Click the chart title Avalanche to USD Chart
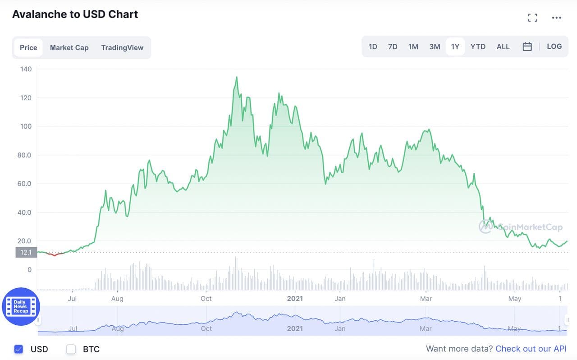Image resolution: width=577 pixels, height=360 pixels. click(75, 14)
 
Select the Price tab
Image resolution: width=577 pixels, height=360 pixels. click(28, 47)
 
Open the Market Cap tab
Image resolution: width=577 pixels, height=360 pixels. click(69, 47)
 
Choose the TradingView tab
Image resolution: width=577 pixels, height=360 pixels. click(122, 47)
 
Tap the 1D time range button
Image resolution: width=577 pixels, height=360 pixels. click(373, 46)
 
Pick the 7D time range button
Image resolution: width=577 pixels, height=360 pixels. click(393, 46)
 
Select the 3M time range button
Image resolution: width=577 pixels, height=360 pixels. click(435, 46)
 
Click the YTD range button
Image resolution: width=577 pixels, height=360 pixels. click(478, 46)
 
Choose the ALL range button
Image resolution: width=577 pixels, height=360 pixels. click(503, 46)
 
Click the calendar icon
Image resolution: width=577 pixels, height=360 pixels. click(527, 46)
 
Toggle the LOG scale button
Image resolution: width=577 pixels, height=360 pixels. click(554, 46)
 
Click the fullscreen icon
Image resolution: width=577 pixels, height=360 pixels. click(532, 18)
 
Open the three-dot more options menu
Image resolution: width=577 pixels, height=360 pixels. click(557, 18)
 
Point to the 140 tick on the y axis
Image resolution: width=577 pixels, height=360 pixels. click(26, 69)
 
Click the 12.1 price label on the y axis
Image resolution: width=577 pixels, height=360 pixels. click(26, 252)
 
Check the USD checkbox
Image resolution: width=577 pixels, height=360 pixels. click(18, 349)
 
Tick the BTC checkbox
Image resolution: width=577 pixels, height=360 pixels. click(71, 349)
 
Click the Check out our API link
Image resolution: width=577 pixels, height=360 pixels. click(531, 349)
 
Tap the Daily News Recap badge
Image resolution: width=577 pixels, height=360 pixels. click(21, 307)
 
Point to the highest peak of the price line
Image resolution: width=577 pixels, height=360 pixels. click(237, 77)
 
